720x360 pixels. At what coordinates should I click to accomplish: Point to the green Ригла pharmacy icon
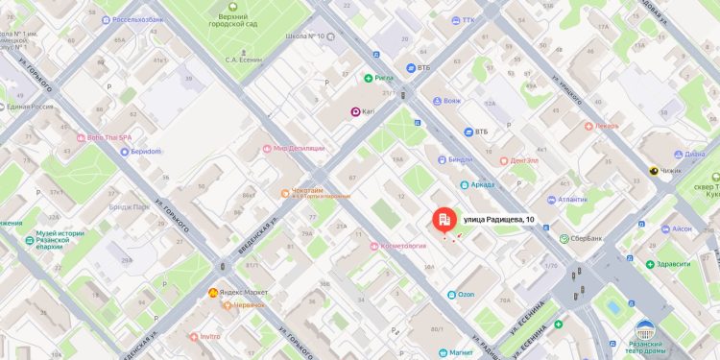(x=368, y=78)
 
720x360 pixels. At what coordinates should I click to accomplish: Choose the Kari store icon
(x=354, y=112)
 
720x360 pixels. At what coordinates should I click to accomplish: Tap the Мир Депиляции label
(x=299, y=148)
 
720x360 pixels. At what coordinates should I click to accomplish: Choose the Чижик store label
(x=669, y=171)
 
